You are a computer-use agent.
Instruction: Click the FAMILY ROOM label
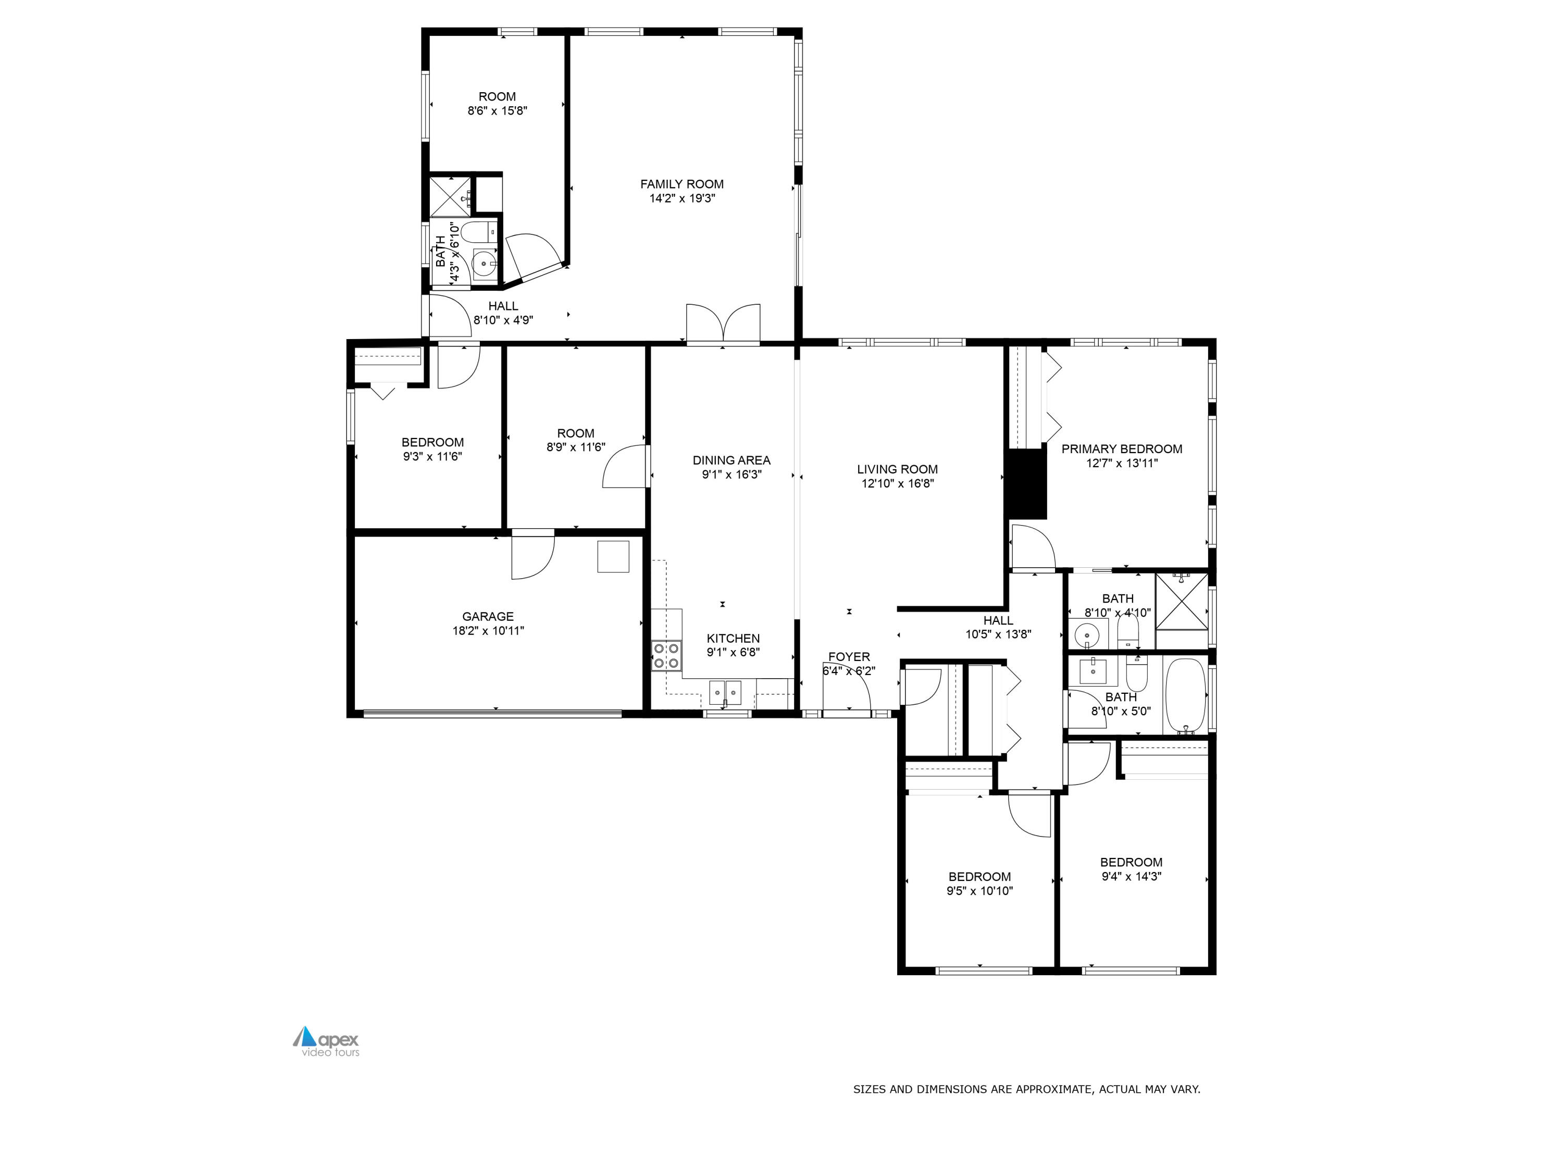click(x=682, y=184)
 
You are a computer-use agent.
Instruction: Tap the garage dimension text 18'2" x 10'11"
click(x=488, y=631)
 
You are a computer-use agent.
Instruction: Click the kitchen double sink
click(x=726, y=692)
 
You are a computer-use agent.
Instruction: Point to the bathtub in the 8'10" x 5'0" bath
click(x=1184, y=695)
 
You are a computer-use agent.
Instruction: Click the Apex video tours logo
click(x=327, y=1041)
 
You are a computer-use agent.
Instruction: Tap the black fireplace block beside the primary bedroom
click(x=1026, y=484)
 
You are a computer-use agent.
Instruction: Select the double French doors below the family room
click(x=723, y=326)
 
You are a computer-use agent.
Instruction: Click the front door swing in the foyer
click(x=847, y=689)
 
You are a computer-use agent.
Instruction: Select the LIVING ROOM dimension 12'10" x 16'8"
click(x=897, y=484)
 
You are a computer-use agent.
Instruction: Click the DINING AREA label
click(x=731, y=460)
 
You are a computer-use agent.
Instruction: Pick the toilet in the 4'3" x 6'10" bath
click(x=486, y=231)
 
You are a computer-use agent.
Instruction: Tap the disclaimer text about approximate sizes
click(x=1026, y=1089)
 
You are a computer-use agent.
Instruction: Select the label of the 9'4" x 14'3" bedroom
click(x=1131, y=862)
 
